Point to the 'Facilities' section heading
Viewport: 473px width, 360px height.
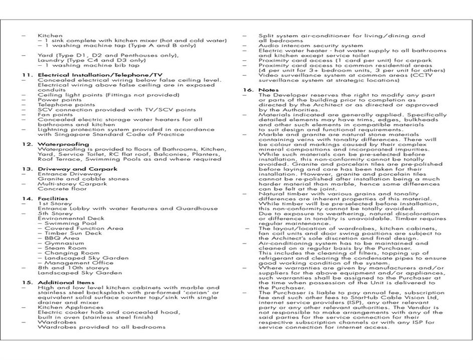click(53, 198)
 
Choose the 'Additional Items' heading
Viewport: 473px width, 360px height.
click(65, 282)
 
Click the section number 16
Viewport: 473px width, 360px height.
click(248, 90)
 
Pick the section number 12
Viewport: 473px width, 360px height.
click(27, 144)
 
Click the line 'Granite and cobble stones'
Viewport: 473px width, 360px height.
click(83, 179)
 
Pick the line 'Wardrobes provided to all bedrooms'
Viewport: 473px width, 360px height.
click(101, 327)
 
